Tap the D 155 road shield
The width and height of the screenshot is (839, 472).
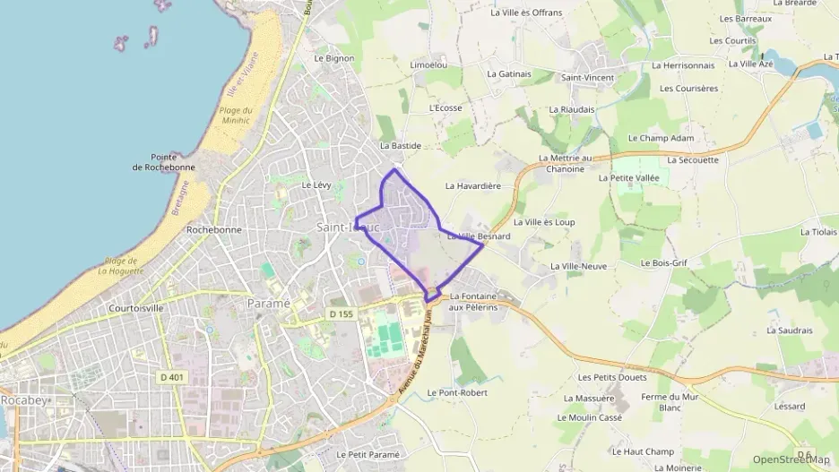[x=340, y=314]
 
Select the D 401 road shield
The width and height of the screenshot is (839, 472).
[x=171, y=377]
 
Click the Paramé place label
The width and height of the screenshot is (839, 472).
[x=269, y=303]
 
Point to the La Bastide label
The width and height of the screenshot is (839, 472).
[x=400, y=145]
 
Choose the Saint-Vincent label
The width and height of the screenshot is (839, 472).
[x=587, y=78]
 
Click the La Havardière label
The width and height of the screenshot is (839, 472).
[x=472, y=186]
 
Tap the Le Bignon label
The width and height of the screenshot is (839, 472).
[x=334, y=58]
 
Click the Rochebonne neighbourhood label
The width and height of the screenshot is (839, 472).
[x=213, y=229]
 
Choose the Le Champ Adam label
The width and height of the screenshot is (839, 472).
[x=661, y=139]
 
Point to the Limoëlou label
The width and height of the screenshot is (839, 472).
[x=428, y=65]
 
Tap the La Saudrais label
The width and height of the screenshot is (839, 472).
[x=789, y=330]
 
